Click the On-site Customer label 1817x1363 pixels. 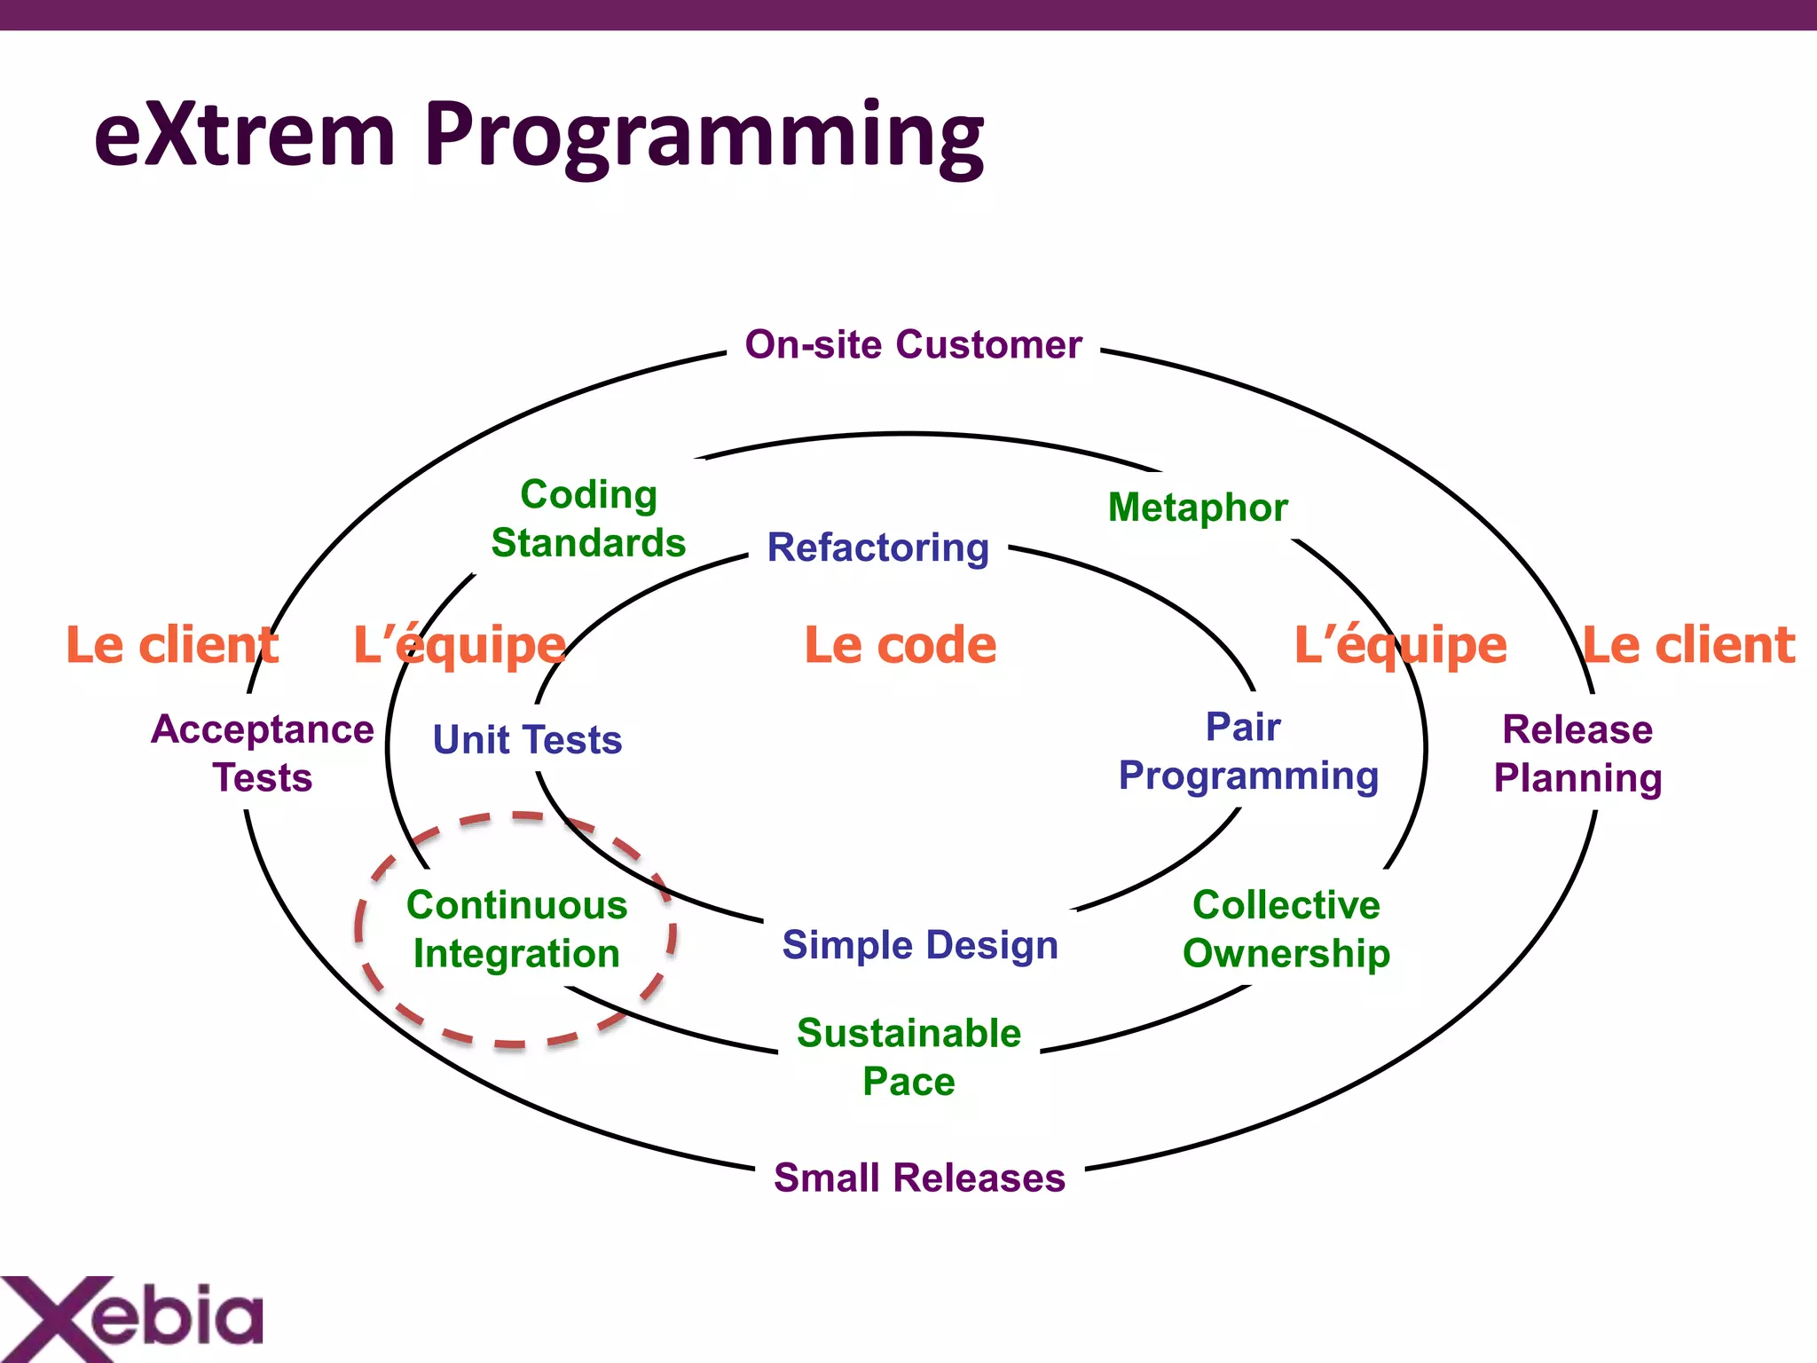pos(913,344)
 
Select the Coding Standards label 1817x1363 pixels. pos(588,518)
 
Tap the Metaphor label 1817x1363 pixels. pos(1198,508)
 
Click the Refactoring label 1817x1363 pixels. pos(877,548)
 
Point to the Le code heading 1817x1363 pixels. pos(900,645)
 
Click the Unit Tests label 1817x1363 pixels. pos(527,740)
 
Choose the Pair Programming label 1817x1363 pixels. pos(1247,751)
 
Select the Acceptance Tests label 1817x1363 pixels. pos(263,753)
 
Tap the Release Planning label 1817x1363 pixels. pos(1577,753)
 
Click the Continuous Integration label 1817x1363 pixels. pos(516,929)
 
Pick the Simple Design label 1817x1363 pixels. pos(920,945)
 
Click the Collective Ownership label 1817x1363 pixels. pos(1286,929)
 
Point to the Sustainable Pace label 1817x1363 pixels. pos(908,1057)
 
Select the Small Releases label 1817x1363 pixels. pos(919,1178)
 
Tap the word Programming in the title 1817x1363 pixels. pos(704,136)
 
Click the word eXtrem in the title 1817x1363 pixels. pos(244,136)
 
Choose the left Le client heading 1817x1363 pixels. pos(172,645)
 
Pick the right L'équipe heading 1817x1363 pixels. pos(1400,645)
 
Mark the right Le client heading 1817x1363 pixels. pos(1688,645)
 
